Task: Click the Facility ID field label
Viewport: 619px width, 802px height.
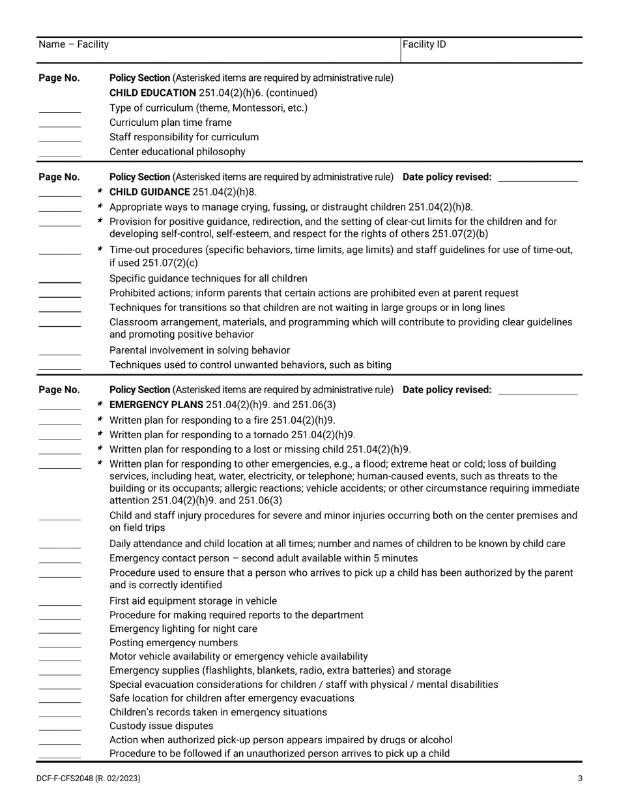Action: point(424,44)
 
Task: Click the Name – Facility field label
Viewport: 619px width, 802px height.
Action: point(74,44)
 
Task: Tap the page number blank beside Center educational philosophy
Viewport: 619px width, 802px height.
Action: point(60,155)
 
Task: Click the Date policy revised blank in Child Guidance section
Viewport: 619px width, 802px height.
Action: point(537,178)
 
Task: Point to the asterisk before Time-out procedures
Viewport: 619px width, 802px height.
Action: point(100,249)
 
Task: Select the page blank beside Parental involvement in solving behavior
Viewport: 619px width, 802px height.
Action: point(60,353)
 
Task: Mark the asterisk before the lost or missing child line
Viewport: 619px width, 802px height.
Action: point(100,449)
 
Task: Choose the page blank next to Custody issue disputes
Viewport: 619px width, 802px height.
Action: point(60,729)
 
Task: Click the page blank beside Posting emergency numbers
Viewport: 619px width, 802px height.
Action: point(60,646)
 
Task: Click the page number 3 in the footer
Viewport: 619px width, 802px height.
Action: point(580,778)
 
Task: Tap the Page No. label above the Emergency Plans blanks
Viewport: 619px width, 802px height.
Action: point(59,390)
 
